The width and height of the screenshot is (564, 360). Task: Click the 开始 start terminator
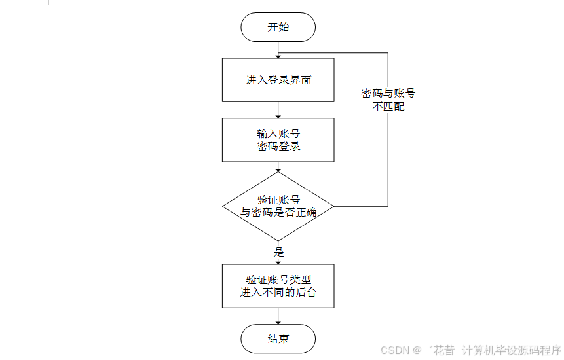point(278,27)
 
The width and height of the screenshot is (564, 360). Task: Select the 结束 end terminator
point(278,339)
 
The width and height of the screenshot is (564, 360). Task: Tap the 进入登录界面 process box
point(278,80)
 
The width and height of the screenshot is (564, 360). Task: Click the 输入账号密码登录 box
point(278,139)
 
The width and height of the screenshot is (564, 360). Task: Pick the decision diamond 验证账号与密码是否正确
point(278,206)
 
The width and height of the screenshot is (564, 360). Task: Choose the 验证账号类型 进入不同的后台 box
point(278,286)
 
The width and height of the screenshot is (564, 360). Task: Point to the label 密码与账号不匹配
point(388,99)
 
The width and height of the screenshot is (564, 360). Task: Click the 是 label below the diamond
point(278,251)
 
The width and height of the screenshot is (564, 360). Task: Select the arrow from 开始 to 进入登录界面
point(278,50)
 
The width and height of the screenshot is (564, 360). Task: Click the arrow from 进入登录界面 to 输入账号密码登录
point(278,110)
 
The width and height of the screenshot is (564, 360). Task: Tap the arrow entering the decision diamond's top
point(278,168)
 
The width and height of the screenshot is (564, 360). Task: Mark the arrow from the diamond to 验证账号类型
point(278,258)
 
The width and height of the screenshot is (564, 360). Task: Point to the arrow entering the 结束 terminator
point(278,317)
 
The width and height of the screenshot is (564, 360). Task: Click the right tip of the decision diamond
point(333,206)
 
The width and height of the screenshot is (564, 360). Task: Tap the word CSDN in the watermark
point(394,350)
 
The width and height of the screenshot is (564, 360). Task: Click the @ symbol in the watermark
point(417,350)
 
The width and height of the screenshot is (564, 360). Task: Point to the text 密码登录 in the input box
point(278,146)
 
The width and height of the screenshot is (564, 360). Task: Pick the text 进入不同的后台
point(278,293)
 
